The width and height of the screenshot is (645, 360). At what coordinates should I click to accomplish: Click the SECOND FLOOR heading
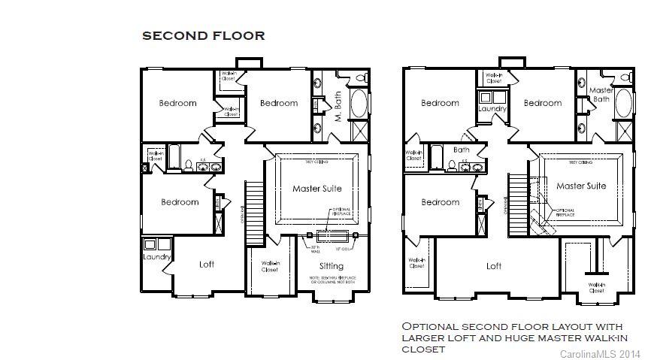coord(203,35)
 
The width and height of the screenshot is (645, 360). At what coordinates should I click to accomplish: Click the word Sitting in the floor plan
coord(331,266)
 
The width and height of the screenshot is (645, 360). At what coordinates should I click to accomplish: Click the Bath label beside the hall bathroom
coord(461,150)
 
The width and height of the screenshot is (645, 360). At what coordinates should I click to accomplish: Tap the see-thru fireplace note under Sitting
coord(331,281)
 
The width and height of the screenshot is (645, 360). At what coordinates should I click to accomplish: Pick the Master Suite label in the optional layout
coord(581,186)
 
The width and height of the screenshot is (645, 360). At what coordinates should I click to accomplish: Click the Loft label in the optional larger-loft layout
coord(493,266)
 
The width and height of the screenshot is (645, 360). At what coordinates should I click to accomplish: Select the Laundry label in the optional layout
coord(492,109)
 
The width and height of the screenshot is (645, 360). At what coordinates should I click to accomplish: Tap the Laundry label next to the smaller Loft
coord(157,257)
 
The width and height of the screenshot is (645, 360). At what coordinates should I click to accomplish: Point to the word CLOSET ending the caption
coord(423,349)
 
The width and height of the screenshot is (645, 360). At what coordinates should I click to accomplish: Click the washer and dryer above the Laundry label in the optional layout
coord(492,97)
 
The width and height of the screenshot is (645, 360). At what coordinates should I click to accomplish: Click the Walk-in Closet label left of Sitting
coord(271,266)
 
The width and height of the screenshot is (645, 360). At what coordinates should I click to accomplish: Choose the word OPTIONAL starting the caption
coord(432,326)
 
